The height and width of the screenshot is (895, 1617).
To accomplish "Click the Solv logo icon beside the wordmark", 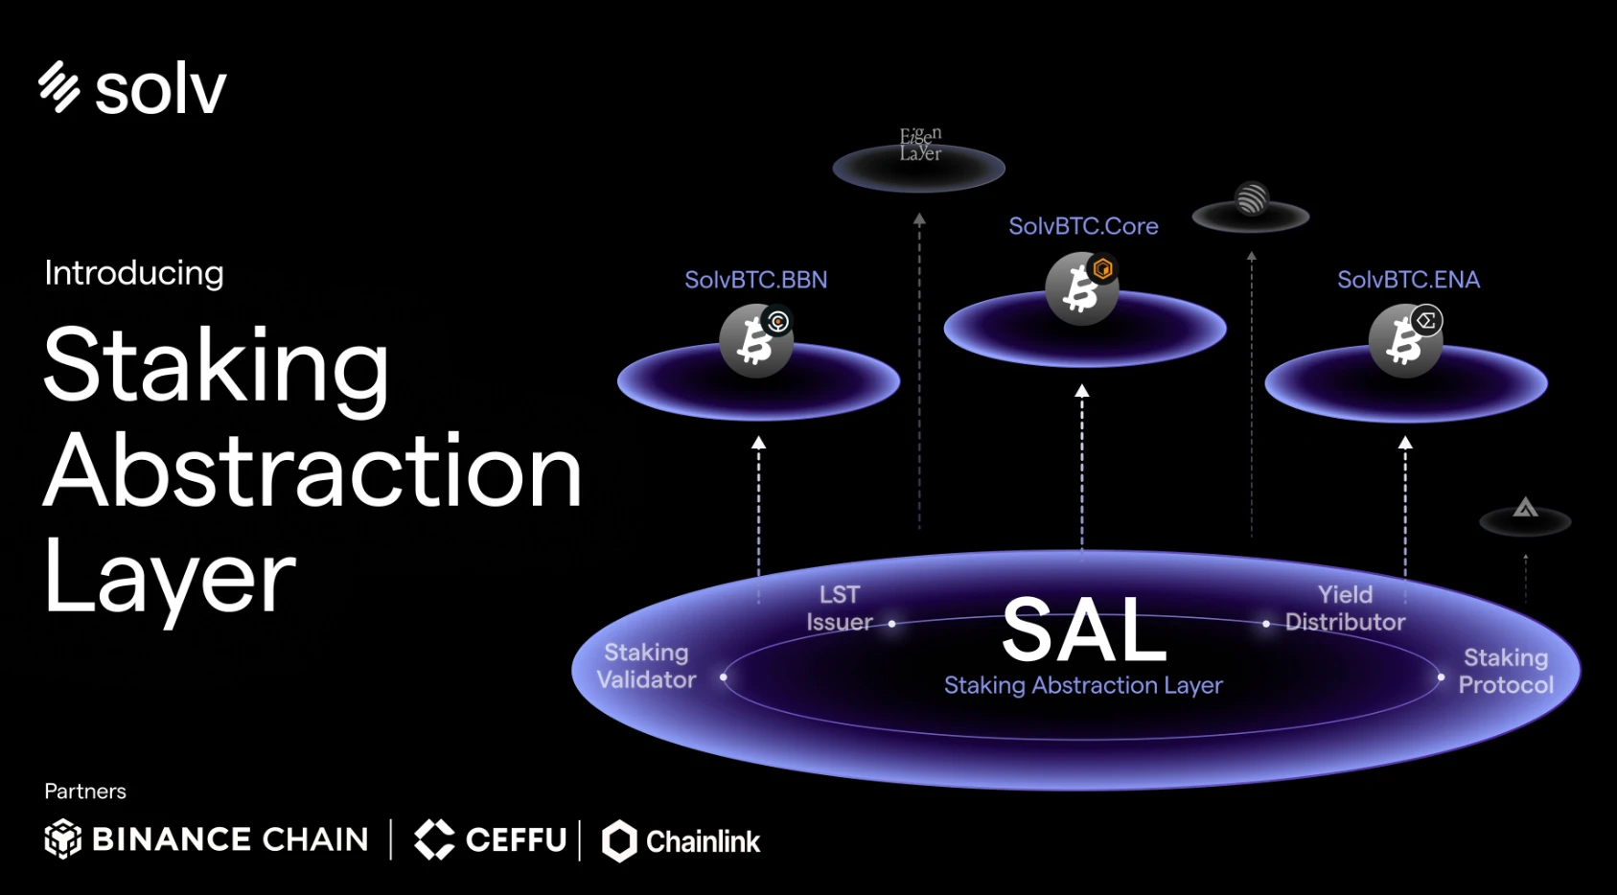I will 58,87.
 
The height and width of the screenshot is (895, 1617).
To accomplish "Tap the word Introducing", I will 134,273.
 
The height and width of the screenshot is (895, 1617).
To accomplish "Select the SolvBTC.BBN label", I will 755,280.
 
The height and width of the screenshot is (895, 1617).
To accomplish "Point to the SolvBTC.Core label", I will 1083,226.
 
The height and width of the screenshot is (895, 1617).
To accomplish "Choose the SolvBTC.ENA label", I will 1408,280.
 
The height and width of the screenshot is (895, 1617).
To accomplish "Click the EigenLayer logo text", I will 920,144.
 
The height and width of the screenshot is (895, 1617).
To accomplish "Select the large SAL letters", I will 1084,631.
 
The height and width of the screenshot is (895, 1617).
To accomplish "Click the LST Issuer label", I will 840,608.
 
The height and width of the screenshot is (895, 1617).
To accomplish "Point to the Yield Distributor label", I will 1345,608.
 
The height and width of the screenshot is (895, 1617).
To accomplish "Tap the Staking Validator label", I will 646,666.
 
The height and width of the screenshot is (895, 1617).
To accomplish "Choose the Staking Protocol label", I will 1506,671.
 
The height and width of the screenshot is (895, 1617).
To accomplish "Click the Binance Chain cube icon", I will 63,839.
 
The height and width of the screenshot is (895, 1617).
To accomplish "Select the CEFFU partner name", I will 516,840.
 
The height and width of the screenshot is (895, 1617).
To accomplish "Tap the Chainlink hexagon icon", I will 619,841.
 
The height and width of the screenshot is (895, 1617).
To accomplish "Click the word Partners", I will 85,792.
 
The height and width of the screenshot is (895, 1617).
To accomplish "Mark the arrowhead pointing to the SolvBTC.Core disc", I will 1082,391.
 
